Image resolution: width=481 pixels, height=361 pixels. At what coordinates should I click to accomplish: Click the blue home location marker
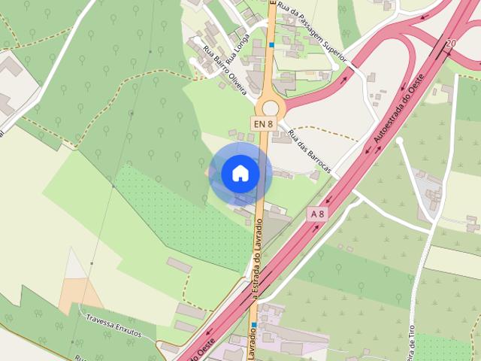[240, 173]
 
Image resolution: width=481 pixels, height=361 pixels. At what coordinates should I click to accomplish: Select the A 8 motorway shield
[318, 214]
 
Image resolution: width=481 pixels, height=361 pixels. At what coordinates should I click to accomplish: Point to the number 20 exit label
[450, 44]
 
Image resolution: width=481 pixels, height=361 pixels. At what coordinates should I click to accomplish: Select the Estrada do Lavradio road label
[258, 256]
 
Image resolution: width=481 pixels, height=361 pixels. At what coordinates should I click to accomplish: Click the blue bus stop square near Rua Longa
[271, 45]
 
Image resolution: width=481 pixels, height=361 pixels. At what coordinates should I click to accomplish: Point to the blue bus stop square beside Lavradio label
[254, 325]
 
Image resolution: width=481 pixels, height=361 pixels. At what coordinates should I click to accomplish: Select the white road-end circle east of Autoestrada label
[400, 141]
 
